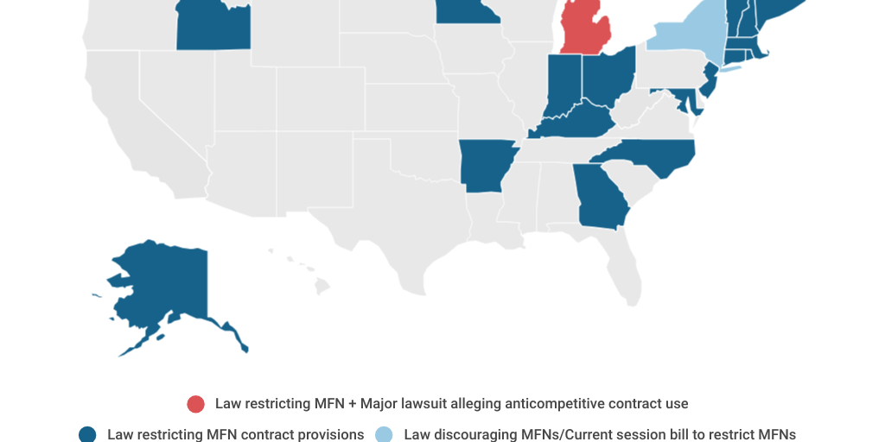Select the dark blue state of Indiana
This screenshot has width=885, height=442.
[x=563, y=86]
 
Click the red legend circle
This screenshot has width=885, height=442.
[x=196, y=404]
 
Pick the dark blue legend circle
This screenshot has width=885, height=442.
[x=87, y=434]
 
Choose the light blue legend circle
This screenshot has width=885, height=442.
[x=384, y=434]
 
